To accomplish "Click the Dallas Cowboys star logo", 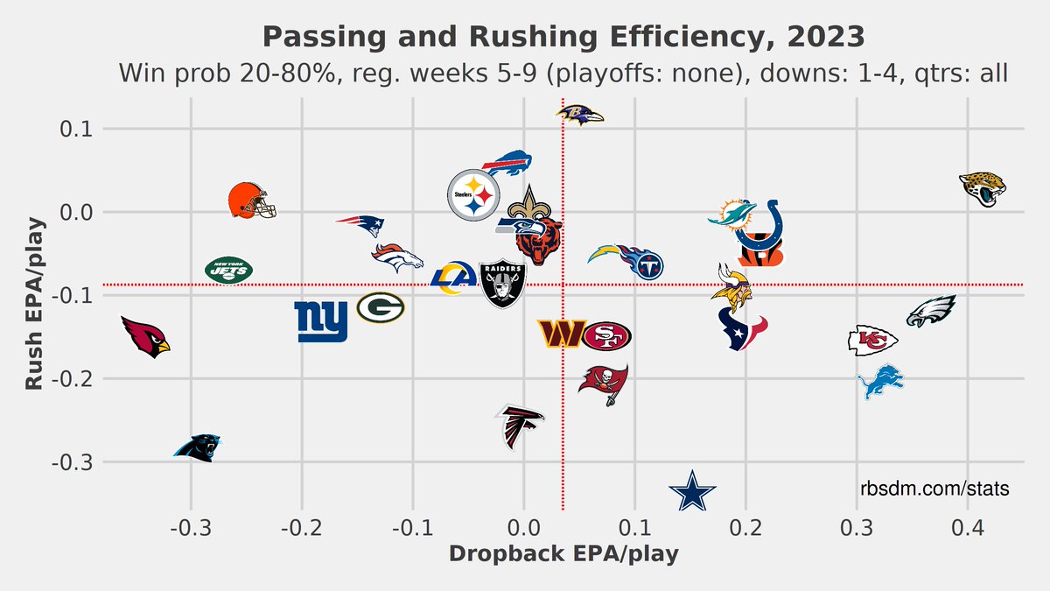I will (x=692, y=491).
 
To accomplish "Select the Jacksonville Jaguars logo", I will (x=982, y=188).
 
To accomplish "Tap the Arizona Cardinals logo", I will (x=144, y=335).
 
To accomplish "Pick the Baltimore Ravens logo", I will (x=579, y=115).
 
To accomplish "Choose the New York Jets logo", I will (x=228, y=270).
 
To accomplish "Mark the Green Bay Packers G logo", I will (x=381, y=307).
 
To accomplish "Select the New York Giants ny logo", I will (x=322, y=321).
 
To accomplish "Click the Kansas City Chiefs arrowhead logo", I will (x=872, y=340).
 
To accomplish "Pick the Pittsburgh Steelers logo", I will (x=472, y=195).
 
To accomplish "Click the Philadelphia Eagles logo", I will (x=930, y=312).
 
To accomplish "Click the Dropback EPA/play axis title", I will (x=563, y=554).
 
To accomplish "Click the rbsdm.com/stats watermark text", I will (x=934, y=489).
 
